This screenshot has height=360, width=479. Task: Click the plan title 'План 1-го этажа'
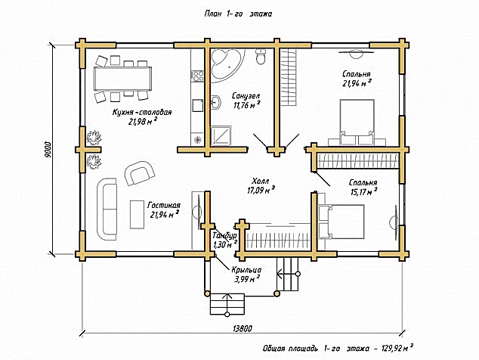238,14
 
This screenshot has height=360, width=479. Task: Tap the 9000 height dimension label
48,150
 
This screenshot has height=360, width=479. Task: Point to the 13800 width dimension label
243,329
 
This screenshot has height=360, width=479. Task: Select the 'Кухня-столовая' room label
142,112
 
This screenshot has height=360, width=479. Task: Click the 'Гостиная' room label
164,205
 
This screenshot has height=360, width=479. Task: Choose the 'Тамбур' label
224,236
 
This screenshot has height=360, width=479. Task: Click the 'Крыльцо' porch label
246,270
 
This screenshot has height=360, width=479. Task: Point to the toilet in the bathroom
261,57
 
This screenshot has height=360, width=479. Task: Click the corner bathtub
228,64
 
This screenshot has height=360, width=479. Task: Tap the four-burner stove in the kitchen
198,76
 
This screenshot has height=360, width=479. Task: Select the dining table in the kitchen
123,79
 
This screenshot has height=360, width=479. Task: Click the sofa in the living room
107,209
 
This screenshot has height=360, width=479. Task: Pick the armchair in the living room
139,172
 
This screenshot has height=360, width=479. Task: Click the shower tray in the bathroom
221,135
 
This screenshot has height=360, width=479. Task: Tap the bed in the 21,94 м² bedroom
357,123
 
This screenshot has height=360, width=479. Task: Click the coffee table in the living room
137,214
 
